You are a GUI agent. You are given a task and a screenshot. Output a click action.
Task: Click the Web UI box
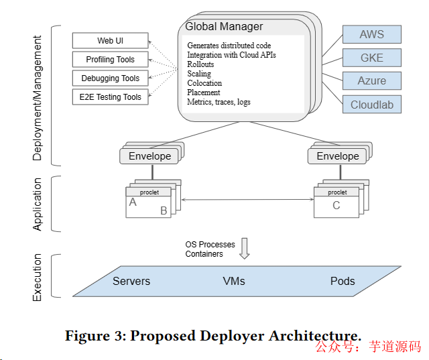110,41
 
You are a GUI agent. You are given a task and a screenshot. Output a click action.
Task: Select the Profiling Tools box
110,60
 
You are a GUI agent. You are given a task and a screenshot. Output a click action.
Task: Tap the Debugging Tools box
110,78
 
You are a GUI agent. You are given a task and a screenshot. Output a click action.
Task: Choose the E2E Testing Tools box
110,97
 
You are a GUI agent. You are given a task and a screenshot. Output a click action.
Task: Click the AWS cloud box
372,34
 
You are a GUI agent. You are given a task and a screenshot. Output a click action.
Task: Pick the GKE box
372,58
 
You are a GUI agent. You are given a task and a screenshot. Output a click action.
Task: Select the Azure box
372,81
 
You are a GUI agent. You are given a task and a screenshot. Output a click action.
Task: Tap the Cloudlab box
372,105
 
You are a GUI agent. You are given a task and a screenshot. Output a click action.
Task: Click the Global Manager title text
224,27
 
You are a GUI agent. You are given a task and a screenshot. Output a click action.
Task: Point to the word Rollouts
200,64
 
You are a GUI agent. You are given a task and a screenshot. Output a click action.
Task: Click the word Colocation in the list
204,83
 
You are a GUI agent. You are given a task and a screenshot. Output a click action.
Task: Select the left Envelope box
150,156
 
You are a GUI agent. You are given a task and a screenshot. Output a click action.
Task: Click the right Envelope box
338,156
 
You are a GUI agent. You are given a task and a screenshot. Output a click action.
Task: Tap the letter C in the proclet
336,205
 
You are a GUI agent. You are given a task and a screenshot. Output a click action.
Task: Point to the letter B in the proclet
163,211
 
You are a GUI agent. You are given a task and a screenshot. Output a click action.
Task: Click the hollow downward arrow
245,247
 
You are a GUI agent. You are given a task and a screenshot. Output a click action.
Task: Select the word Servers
131,281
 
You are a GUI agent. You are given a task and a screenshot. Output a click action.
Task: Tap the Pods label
343,281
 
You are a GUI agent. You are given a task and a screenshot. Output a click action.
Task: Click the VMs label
234,281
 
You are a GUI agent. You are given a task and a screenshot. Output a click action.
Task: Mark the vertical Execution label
38,277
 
